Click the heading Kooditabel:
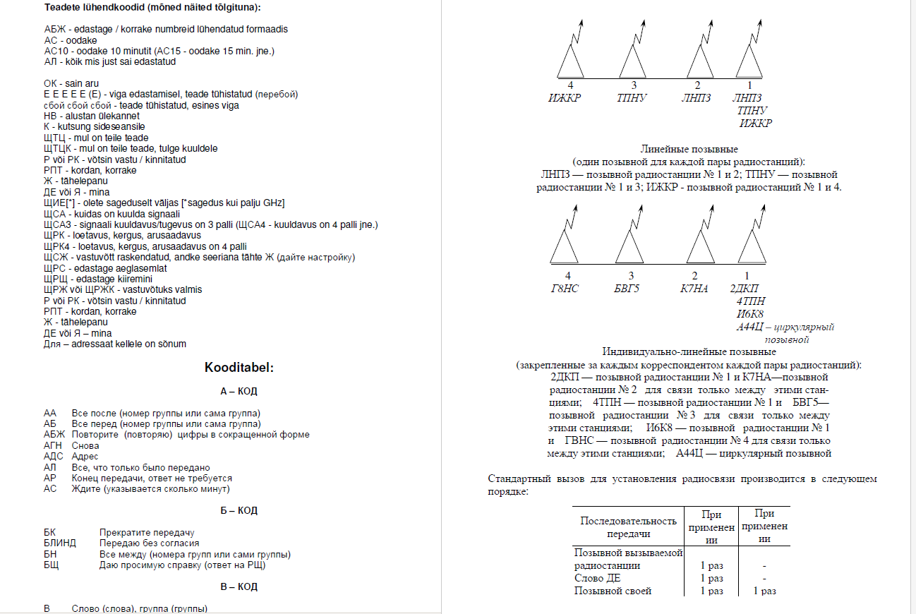pos(239,368)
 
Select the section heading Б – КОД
pos(239,510)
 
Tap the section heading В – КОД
pos(239,586)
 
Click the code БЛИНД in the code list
pos(59,543)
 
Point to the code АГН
pos(52,445)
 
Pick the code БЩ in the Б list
pos(51,565)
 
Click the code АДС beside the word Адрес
pos(52,457)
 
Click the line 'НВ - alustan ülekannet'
pos(91,116)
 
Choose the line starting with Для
pos(114,344)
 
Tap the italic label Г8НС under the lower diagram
pos(565,288)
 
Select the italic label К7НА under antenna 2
pos(695,288)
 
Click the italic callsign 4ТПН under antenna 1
pos(749,301)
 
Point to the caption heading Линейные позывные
pos(689,150)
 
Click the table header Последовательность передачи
pos(628,526)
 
